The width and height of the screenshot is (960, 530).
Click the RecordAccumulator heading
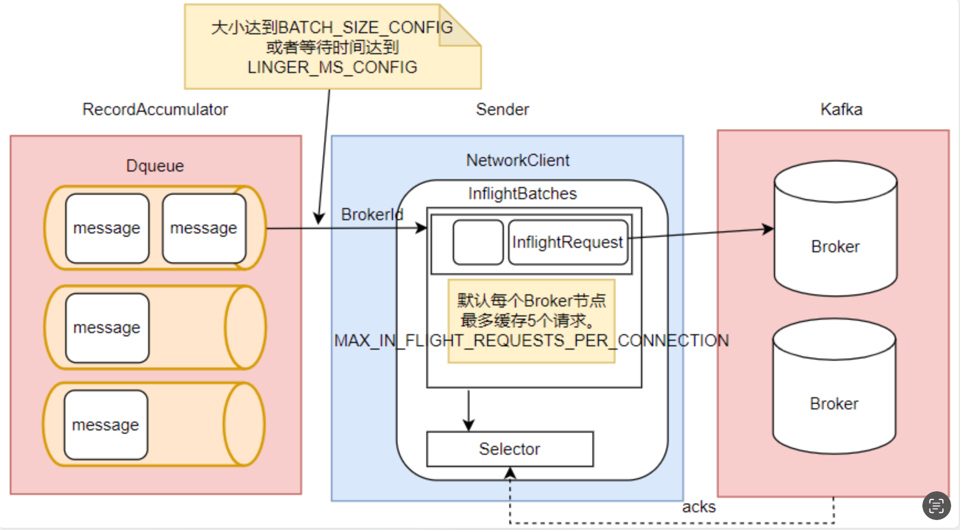[155, 110]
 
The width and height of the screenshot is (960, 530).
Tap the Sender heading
[502, 110]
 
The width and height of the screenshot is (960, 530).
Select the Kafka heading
[841, 110]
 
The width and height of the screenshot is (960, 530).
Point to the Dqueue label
[155, 166]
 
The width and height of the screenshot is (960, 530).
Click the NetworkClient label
[518, 160]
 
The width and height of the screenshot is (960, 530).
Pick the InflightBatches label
[522, 194]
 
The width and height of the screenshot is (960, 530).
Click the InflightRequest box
[568, 242]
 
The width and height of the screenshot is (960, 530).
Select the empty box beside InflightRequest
[478, 242]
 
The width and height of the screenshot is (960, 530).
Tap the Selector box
[510, 449]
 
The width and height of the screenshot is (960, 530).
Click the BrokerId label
[372, 215]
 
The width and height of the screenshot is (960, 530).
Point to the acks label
[699, 507]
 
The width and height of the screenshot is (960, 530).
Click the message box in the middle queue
[107, 328]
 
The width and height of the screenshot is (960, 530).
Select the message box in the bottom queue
[106, 425]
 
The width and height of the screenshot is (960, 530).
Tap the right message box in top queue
[204, 228]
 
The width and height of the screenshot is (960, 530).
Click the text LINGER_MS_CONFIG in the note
[332, 67]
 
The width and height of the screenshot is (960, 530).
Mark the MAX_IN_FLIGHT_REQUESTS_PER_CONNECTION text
[531, 341]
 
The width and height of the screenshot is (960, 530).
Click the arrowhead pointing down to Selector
[469, 425]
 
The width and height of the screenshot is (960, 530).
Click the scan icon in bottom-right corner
[936, 506]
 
